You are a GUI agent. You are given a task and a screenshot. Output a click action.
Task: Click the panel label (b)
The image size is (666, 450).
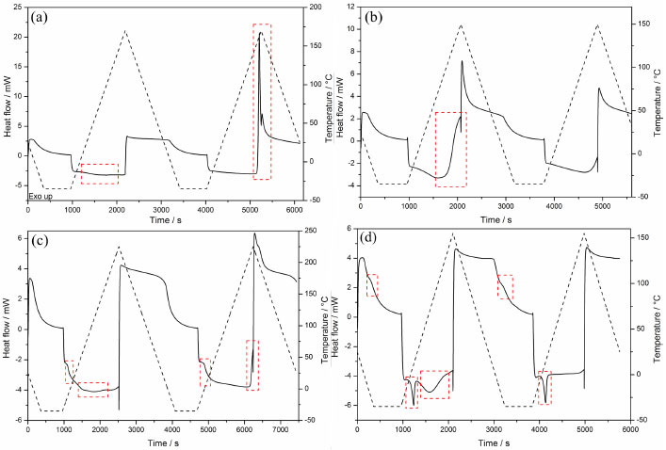tap(375, 17)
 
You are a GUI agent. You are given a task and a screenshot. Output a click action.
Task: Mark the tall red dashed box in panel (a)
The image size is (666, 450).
tap(262, 102)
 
